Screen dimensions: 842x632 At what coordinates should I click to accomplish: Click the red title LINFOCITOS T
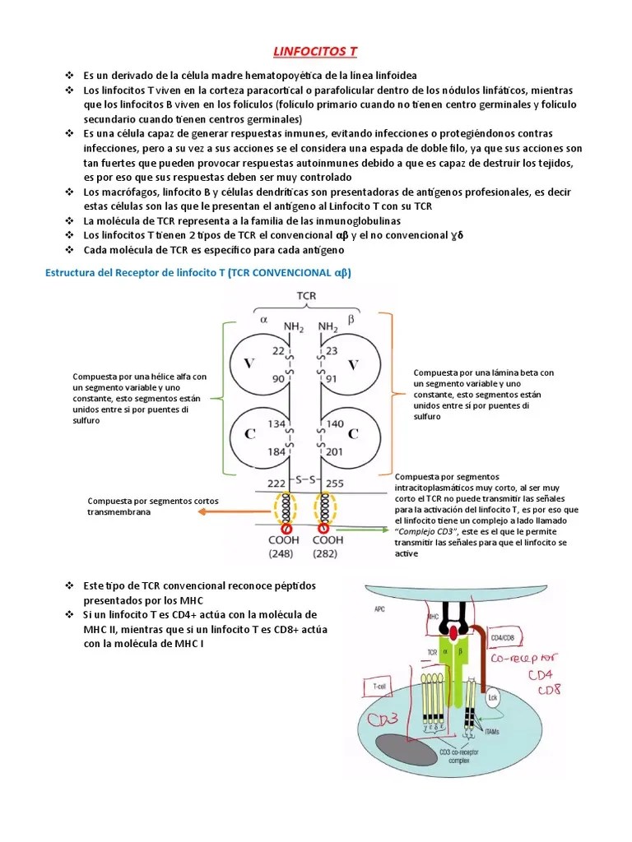316,52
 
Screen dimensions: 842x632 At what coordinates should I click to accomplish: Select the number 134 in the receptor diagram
276,423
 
